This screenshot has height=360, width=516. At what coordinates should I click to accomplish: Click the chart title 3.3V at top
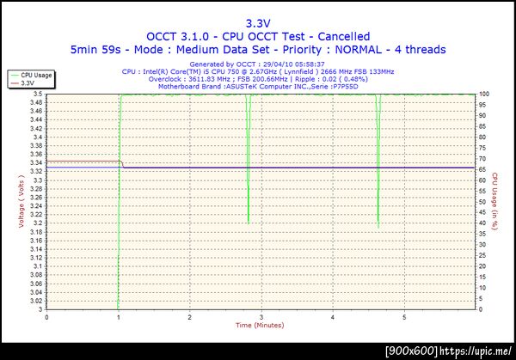(x=258, y=23)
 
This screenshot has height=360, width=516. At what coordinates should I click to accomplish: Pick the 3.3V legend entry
(x=28, y=83)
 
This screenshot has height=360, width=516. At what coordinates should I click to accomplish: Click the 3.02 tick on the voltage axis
(x=34, y=301)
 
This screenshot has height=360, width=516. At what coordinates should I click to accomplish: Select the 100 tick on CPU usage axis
(x=483, y=93)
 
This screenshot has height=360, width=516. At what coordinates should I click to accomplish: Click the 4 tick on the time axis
(x=331, y=316)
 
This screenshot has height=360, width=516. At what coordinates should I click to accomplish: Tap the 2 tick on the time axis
(x=188, y=316)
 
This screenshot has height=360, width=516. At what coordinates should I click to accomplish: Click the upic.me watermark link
(x=476, y=351)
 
